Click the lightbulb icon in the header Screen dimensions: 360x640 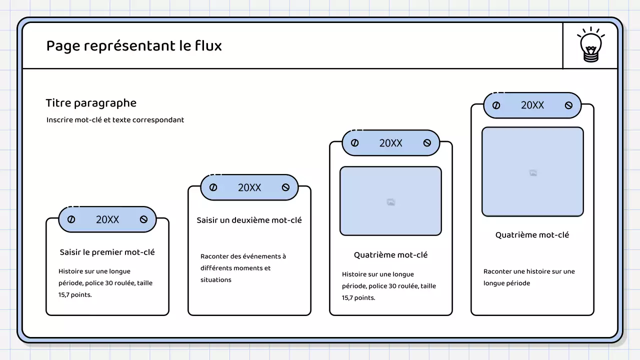point(591,45)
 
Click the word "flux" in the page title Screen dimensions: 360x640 point(208,46)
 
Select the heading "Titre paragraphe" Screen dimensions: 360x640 point(91,103)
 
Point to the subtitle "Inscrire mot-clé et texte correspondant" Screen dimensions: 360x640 point(115,120)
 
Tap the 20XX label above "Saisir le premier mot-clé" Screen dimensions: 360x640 point(107,219)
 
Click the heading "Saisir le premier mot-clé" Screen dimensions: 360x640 point(107,252)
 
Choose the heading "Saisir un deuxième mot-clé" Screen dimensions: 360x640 point(249,220)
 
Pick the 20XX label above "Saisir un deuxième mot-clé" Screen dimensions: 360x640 point(249,187)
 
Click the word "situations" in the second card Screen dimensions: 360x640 point(216,280)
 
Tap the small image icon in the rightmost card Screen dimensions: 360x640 point(533,173)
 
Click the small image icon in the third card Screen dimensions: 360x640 point(391,202)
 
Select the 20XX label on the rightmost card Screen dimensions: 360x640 point(532,105)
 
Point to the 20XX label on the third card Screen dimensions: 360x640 point(390,143)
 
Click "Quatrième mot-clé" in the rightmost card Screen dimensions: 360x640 point(532,235)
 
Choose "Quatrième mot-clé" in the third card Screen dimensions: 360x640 point(390,255)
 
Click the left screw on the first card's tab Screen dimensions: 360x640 point(71,219)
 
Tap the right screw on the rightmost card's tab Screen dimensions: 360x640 point(568,105)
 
